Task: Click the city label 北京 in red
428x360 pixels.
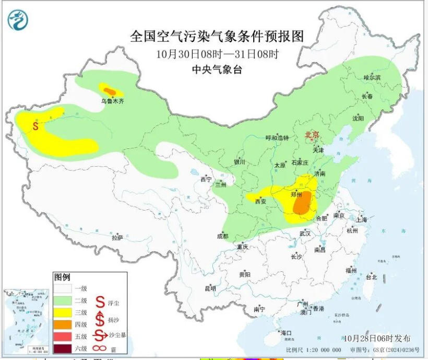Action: point(312,135)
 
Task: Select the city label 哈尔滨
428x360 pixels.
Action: point(372,77)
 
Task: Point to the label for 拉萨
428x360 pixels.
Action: point(117,237)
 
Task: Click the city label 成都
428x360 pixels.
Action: point(222,236)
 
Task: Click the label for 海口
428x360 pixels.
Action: point(286,332)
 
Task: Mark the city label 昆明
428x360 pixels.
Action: point(210,288)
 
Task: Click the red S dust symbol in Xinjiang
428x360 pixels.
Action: point(35,126)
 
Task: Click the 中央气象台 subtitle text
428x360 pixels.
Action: point(217,69)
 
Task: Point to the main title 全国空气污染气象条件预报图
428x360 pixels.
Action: point(217,36)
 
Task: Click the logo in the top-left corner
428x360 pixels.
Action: point(18,20)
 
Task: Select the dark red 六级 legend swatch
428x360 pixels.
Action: point(63,349)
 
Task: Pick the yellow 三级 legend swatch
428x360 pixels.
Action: point(63,312)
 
